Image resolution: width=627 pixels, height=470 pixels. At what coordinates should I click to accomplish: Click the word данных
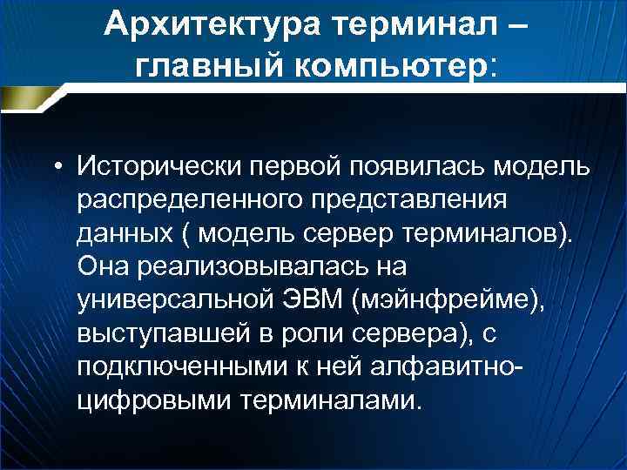tap(122, 235)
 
